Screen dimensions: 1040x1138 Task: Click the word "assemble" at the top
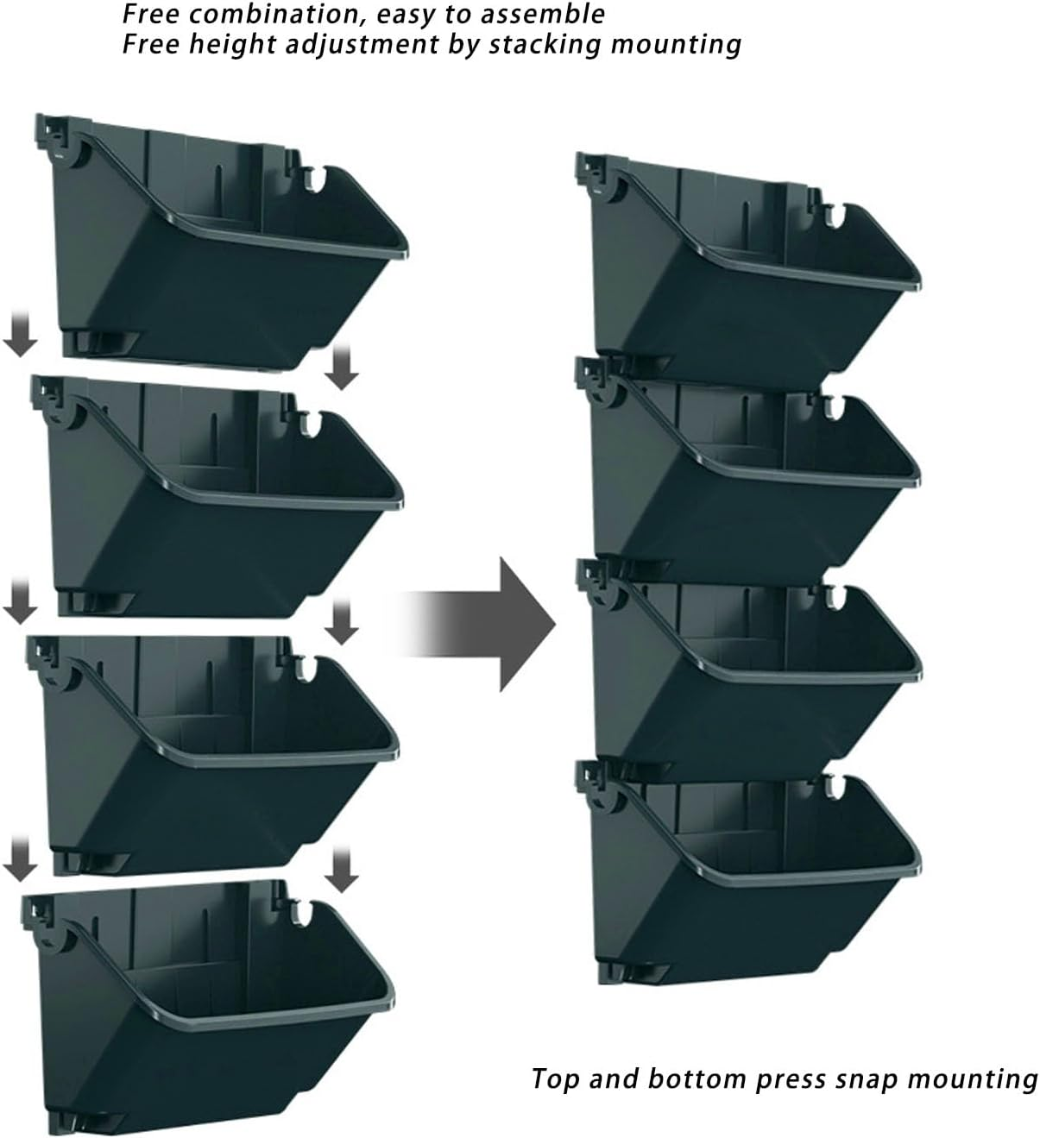(x=543, y=14)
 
